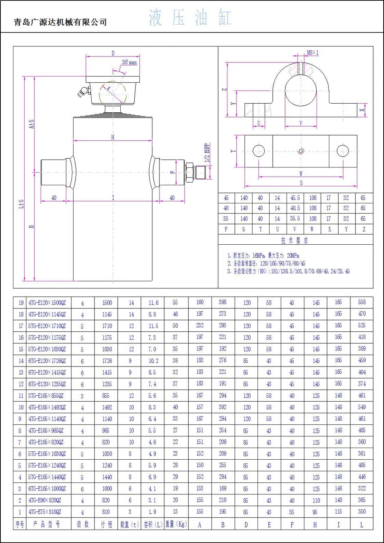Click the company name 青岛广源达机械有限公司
(60, 22)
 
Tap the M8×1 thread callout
(312, 53)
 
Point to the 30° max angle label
(129, 62)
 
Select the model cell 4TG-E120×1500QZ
(47, 303)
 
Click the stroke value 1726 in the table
(107, 361)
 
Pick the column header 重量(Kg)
(176, 524)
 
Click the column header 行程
(107, 525)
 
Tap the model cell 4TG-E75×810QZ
(45, 512)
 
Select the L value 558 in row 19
(362, 302)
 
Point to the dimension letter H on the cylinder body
(113, 137)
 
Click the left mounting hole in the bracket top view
(259, 151)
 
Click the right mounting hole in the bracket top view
(342, 151)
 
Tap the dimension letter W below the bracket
(301, 174)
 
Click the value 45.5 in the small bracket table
(295, 198)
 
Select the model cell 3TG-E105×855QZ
(46, 396)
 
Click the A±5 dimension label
(32, 124)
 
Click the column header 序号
(20, 525)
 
